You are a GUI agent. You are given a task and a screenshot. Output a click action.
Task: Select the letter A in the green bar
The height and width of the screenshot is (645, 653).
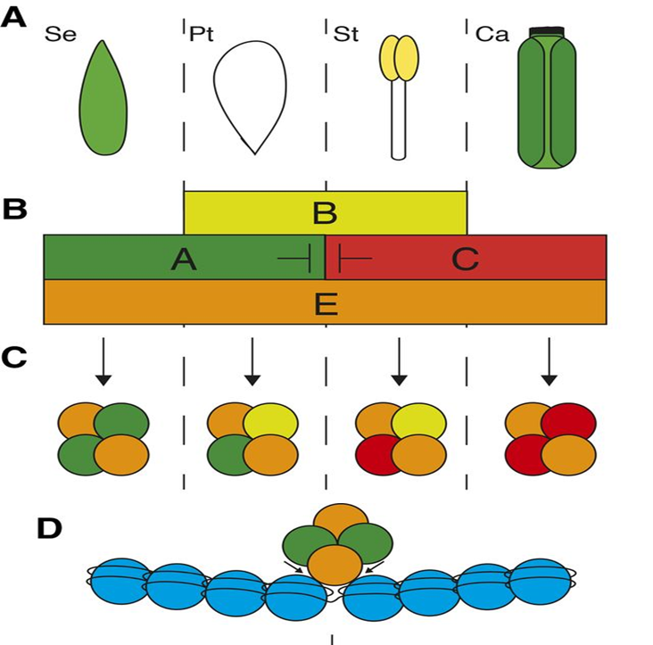183,259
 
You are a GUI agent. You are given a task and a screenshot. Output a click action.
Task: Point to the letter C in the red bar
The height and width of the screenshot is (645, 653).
465,259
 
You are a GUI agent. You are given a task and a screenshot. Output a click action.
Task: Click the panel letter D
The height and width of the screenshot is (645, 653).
50,528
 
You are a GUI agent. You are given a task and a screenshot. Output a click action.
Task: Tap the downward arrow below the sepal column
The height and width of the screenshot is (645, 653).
103,361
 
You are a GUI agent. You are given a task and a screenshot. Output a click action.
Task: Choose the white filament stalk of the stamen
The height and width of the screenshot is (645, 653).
399,120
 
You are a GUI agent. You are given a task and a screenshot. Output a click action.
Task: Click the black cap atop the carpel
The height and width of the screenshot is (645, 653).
548,32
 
